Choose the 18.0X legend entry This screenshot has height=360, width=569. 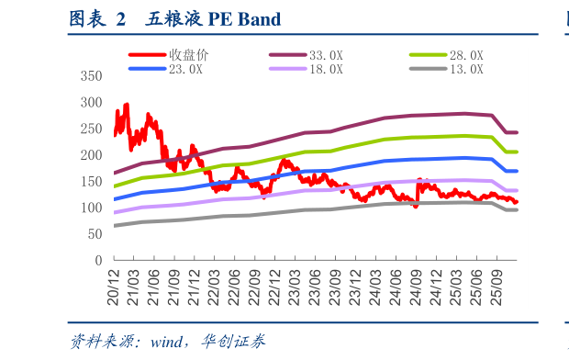pyautogui.click(x=326, y=69)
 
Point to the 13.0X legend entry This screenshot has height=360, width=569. pyautogui.click(x=466, y=69)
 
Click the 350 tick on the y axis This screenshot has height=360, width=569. pyautogui.click(x=92, y=75)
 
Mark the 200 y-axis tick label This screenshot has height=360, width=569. pyautogui.click(x=92, y=155)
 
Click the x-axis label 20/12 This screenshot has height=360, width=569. pyautogui.click(x=115, y=287)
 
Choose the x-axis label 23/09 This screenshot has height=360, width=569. pyautogui.click(x=355, y=287)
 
